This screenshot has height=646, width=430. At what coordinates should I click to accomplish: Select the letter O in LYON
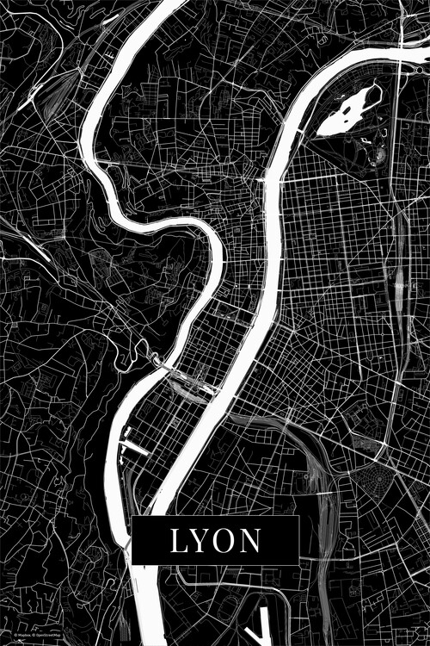(226, 541)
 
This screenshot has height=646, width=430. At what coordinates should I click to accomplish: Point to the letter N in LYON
(251, 541)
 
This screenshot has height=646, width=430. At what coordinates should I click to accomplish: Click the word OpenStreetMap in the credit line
(46, 635)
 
